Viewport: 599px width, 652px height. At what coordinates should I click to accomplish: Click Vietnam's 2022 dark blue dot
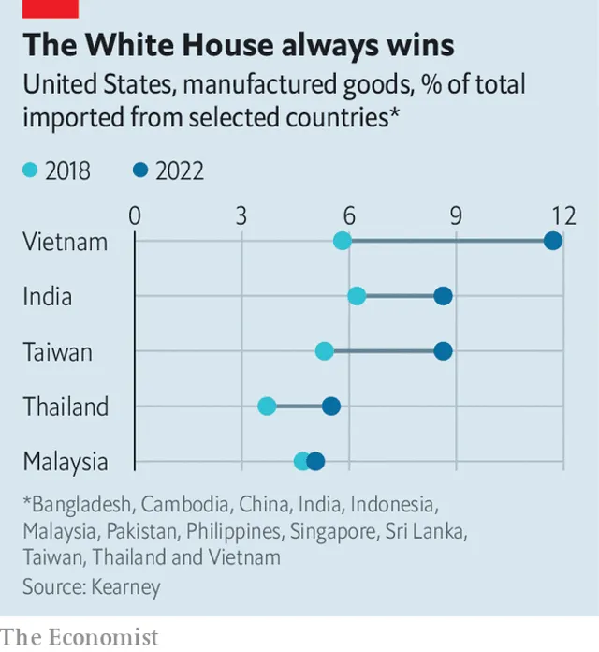553,241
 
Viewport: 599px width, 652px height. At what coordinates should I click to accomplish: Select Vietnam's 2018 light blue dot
343,241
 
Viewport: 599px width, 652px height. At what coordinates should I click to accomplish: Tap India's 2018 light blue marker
357,296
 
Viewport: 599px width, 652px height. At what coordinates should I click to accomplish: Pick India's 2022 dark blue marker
443,296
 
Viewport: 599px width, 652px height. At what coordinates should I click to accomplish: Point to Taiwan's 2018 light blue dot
325,351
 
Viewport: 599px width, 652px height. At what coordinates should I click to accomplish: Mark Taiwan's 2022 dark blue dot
443,351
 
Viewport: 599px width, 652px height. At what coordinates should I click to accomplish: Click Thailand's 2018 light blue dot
267,406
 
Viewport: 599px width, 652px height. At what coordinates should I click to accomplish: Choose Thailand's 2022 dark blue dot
331,406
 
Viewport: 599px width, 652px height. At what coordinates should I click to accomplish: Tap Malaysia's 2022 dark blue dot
315,461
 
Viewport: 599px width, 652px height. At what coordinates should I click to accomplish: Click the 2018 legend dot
30,170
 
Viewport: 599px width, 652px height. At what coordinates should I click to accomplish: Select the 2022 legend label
180,170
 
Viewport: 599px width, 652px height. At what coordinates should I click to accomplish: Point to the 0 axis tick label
135,215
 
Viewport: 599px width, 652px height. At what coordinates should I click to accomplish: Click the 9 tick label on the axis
456,215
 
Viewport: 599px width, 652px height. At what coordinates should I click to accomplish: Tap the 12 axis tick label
563,215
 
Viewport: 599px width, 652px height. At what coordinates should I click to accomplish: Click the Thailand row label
66,407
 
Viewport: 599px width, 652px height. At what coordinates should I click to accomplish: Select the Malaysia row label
66,463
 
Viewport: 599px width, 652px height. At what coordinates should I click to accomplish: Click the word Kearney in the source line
125,587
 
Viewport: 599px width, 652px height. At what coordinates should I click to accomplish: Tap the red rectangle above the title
51,8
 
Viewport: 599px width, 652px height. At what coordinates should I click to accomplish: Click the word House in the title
227,44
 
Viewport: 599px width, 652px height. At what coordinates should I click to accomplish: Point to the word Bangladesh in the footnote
81,504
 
